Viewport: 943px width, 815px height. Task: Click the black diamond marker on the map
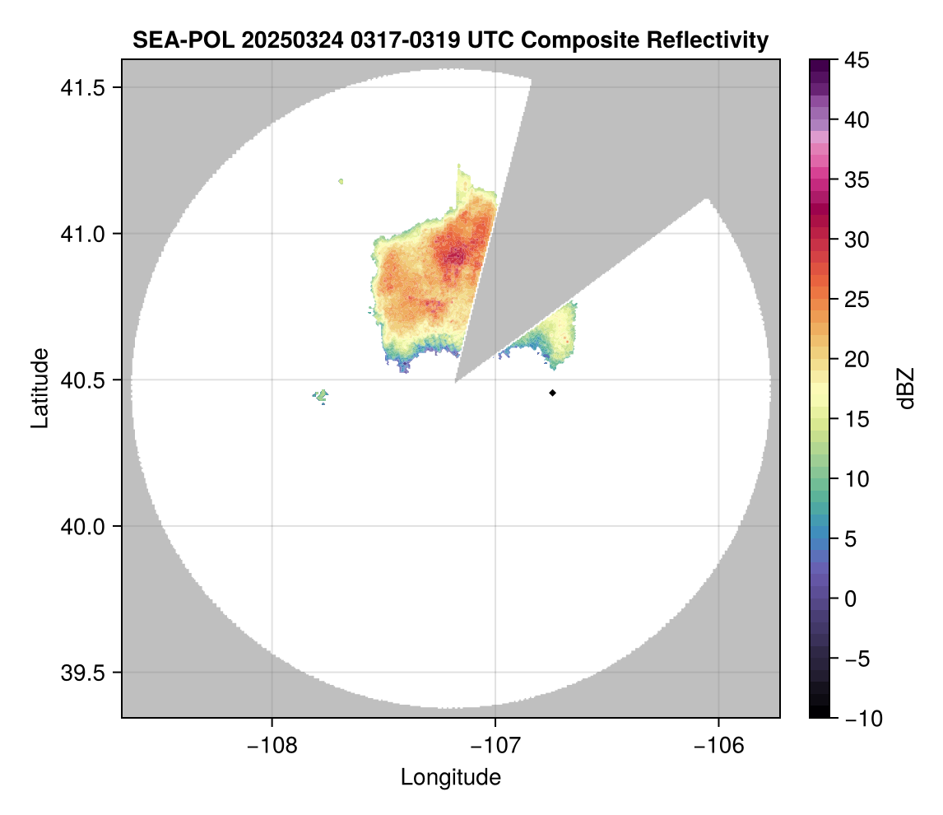coord(553,393)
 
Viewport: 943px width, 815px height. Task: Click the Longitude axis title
coord(450,777)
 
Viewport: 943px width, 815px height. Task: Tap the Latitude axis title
coord(39,388)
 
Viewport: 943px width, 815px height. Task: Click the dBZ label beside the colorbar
coord(906,389)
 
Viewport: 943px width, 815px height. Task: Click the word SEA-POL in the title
coord(174,40)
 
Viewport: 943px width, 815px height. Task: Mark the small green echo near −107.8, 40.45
coord(321,396)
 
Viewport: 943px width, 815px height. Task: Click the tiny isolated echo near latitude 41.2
coord(341,180)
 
